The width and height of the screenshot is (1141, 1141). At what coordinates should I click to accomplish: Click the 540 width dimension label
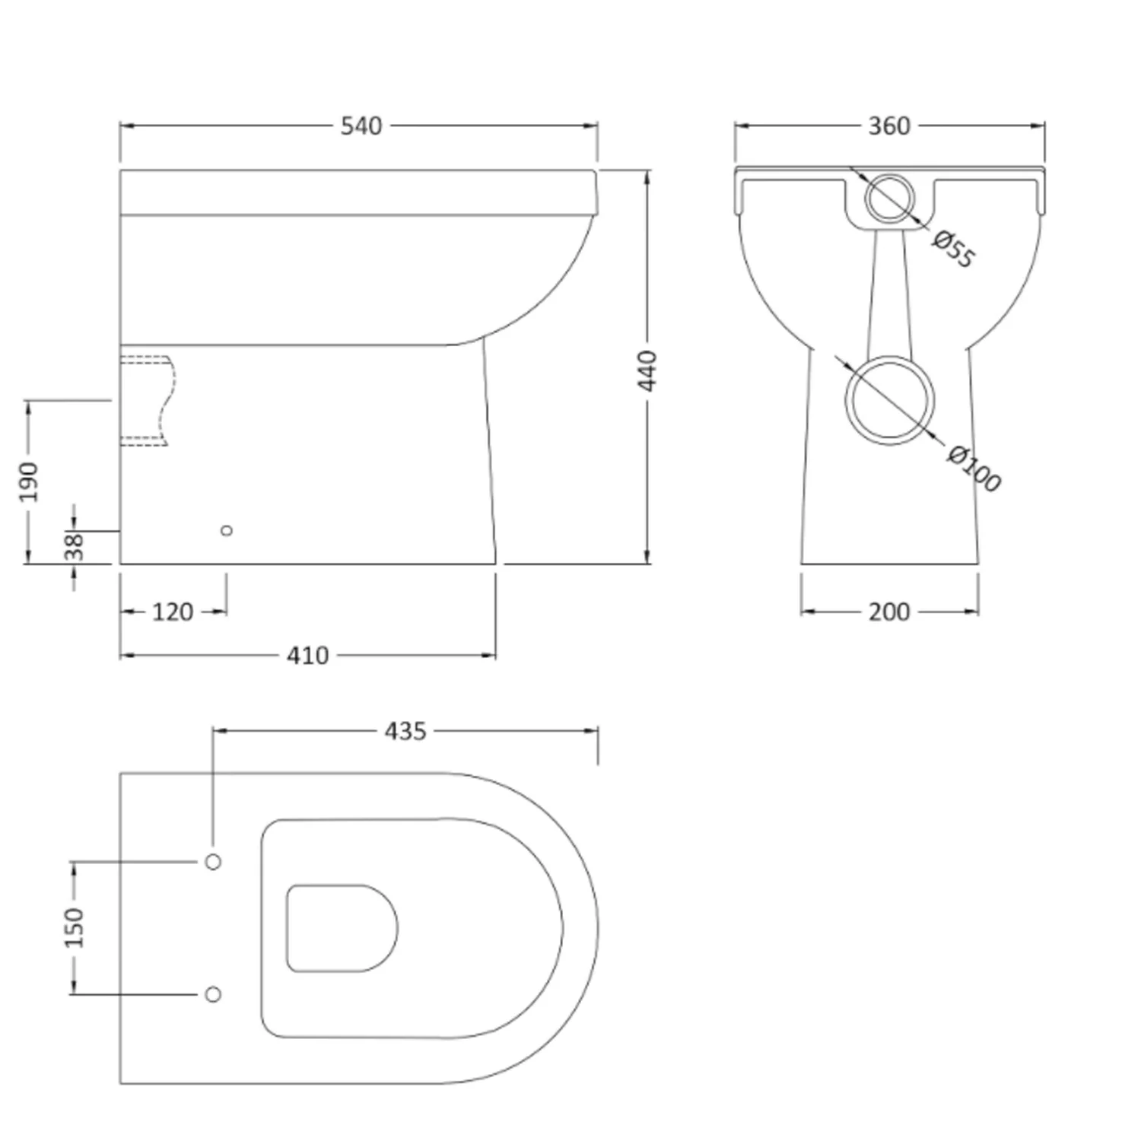pos(361,126)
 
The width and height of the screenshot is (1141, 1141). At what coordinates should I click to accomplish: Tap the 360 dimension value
pos(889,126)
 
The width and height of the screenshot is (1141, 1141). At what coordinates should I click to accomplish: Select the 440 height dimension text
pos(647,370)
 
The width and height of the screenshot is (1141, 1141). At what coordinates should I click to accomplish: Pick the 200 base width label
pos(889,612)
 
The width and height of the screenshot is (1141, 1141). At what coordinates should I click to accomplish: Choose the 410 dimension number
pos(307,656)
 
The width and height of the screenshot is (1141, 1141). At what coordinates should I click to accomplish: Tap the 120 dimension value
pos(173,612)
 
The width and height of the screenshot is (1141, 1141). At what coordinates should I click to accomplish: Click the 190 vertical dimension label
pos(28,482)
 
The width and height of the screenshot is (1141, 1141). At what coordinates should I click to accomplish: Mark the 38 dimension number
pos(74,546)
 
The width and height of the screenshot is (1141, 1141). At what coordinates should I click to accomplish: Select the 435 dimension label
pos(405,732)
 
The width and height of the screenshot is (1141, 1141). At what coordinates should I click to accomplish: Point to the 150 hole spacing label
pos(74,927)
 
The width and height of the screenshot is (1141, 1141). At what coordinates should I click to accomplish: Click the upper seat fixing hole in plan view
pos(214,862)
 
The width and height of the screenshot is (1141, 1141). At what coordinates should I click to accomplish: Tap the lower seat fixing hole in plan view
pos(214,994)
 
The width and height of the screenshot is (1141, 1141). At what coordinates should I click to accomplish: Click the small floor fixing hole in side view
pos(226,530)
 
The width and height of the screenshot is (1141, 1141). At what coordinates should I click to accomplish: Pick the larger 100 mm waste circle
pos(890,358)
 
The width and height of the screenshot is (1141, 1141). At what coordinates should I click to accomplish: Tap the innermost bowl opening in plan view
pos(287,928)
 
